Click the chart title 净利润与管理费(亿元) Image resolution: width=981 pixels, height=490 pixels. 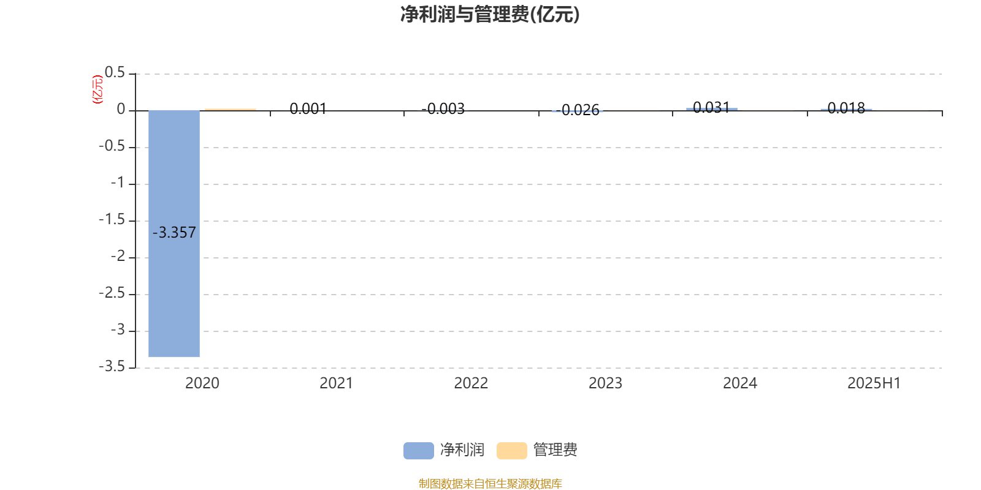[490, 15]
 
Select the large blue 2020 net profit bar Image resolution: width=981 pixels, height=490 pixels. [174, 233]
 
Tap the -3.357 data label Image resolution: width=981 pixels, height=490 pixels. [174, 232]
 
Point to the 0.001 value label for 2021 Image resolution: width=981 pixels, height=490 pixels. [308, 108]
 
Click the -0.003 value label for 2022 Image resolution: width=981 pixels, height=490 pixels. [443, 108]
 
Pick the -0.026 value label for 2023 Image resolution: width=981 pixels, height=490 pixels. [578, 110]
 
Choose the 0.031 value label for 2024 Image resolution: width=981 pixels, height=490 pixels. [712, 107]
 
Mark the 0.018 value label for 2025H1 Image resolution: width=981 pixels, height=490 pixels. [847, 108]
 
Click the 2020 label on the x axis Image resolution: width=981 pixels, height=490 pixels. [202, 383]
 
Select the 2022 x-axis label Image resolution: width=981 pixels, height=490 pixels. [471, 383]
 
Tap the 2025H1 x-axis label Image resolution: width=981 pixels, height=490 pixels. [874, 383]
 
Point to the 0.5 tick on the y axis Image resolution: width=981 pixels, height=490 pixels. [115, 73]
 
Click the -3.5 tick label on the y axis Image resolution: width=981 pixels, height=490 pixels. [112, 366]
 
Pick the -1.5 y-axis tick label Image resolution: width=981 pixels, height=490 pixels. [112, 219]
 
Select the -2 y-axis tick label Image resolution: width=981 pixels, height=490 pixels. [118, 256]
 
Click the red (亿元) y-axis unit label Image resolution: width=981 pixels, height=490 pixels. [97, 89]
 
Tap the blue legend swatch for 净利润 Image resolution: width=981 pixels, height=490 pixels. [419, 451]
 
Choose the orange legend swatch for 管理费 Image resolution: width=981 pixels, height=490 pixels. [511, 451]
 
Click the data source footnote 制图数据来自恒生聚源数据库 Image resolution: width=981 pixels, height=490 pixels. [490, 483]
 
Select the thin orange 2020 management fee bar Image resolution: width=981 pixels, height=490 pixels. [231, 110]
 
